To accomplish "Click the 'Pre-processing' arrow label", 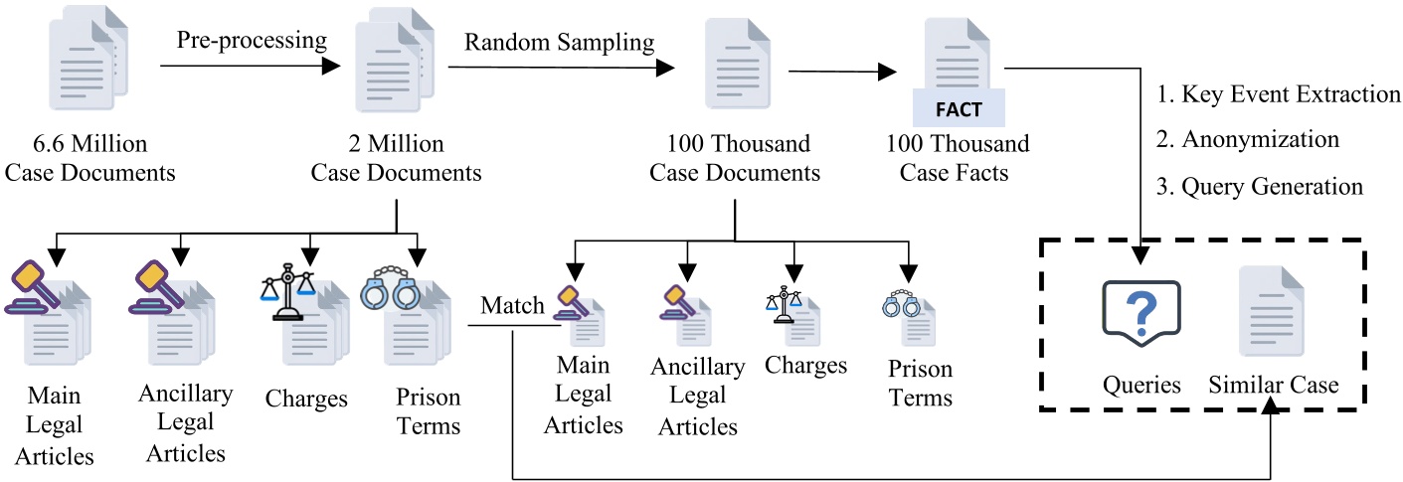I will (252, 41).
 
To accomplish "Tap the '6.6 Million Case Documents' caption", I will (90, 158).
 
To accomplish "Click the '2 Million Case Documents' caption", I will (396, 158).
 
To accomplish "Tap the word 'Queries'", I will (1141, 384).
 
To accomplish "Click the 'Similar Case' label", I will (1274, 384).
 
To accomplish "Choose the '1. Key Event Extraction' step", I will (1279, 94).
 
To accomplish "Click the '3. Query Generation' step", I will (1259, 186).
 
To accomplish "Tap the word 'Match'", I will (512, 305).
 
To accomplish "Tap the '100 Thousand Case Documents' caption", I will (735, 158).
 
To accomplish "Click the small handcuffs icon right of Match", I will (904, 302).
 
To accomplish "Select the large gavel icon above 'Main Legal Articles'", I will (42, 288).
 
